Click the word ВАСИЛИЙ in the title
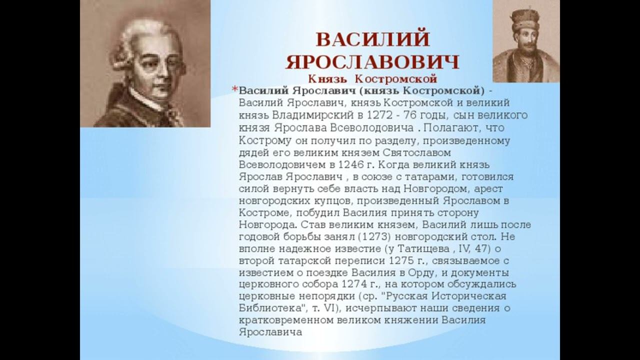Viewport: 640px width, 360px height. pyautogui.click(x=373, y=39)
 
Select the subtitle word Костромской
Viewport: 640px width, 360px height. pyautogui.click(x=396, y=78)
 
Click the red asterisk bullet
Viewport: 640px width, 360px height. pyautogui.click(x=234, y=89)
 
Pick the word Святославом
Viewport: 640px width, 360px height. pyautogui.click(x=417, y=153)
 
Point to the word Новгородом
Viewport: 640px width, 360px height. pyautogui.click(x=436, y=189)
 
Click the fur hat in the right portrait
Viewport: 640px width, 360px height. pyautogui.click(x=525, y=18)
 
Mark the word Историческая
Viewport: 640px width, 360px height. pyautogui.click(x=468, y=296)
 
